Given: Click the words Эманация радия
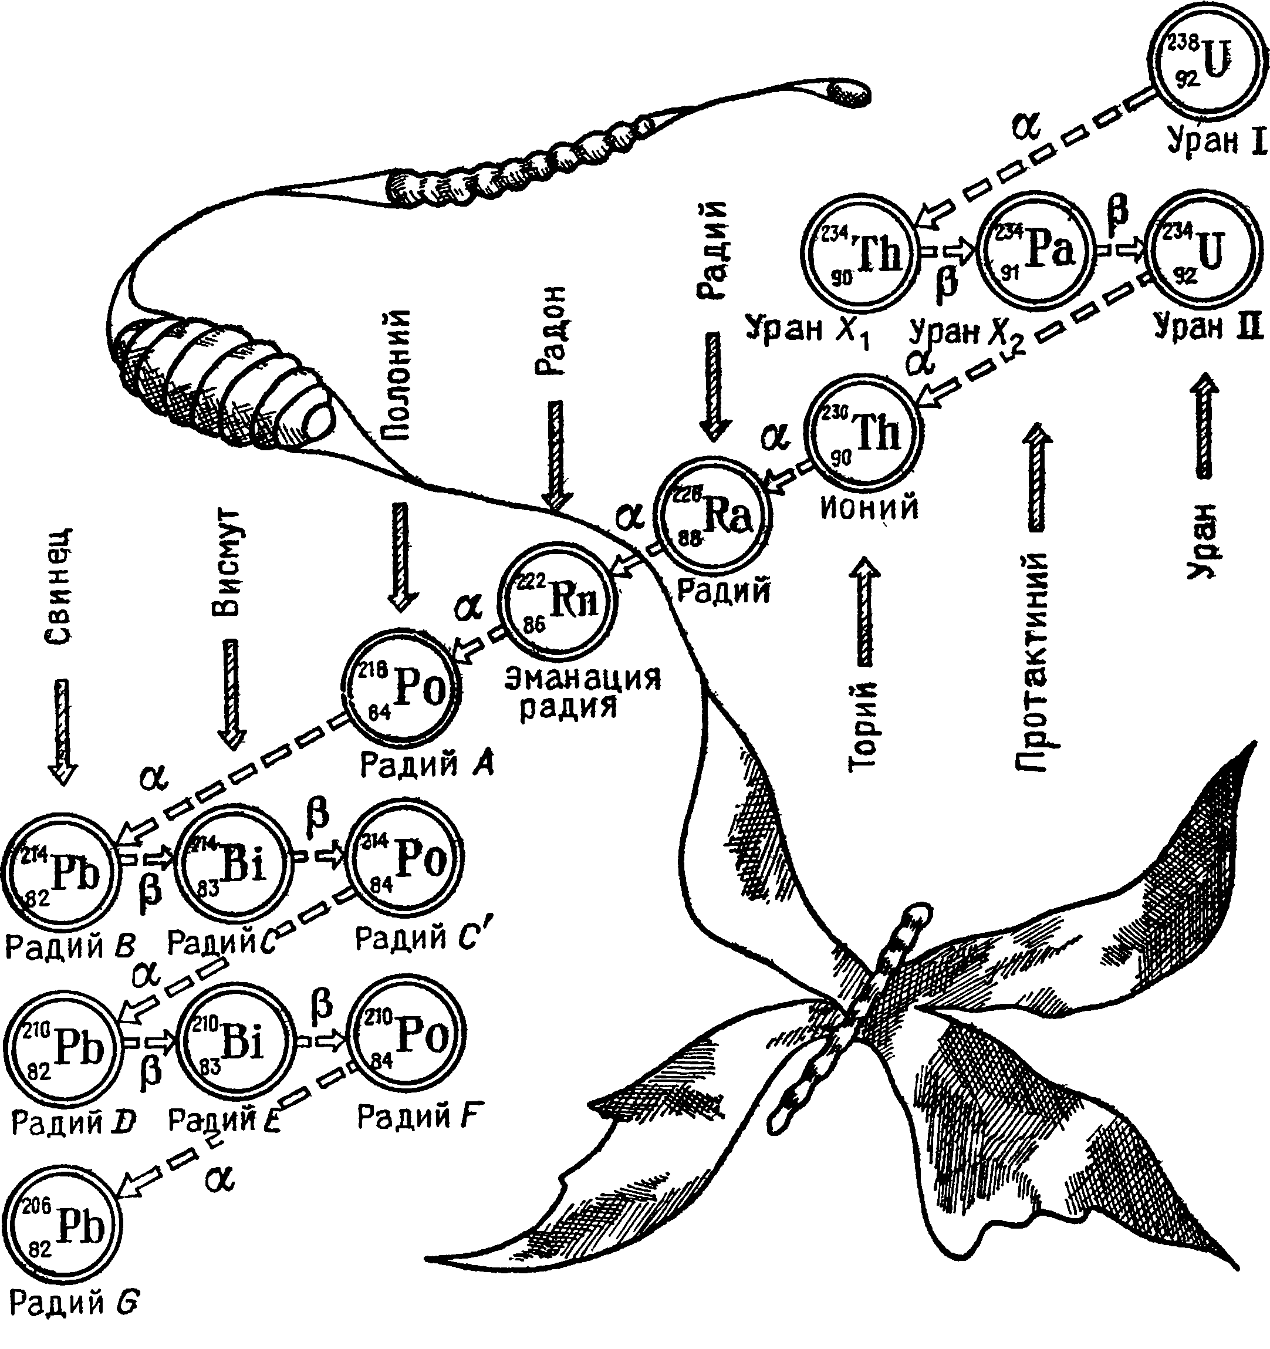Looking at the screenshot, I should click(x=582, y=693).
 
